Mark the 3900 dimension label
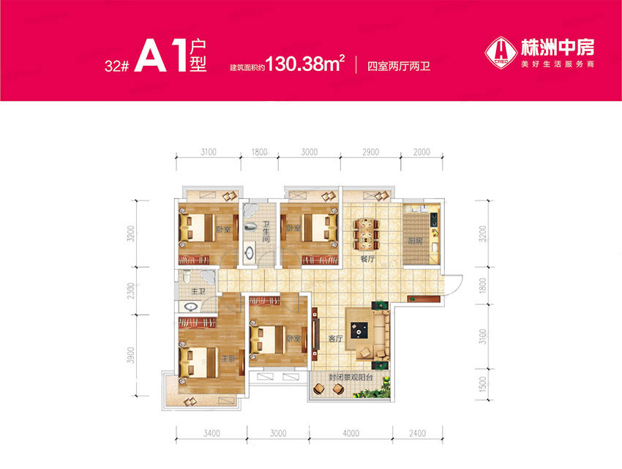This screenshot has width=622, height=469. coord(130,356)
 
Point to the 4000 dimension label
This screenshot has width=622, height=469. coord(351,433)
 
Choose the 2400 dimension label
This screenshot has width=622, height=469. coord(419,433)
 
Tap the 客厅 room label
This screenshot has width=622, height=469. coord(336,339)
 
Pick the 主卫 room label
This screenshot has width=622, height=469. coord(196,292)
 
